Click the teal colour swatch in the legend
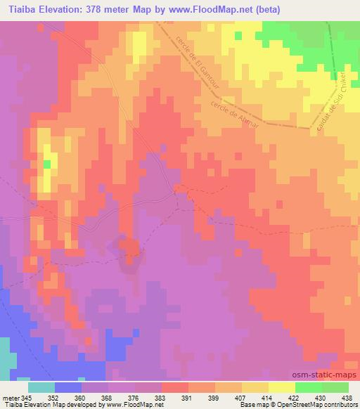(41, 387)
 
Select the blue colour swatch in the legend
(68, 387)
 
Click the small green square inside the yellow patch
(47, 164)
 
